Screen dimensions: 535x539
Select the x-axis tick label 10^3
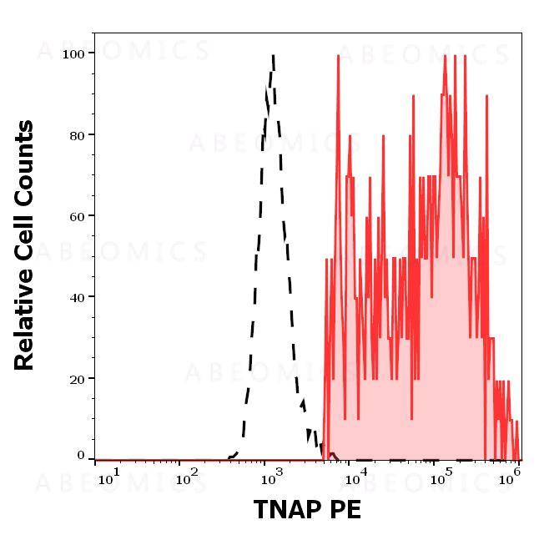click(x=272, y=477)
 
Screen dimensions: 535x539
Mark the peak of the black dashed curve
click(x=273, y=57)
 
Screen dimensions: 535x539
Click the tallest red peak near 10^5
click(x=445, y=56)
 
